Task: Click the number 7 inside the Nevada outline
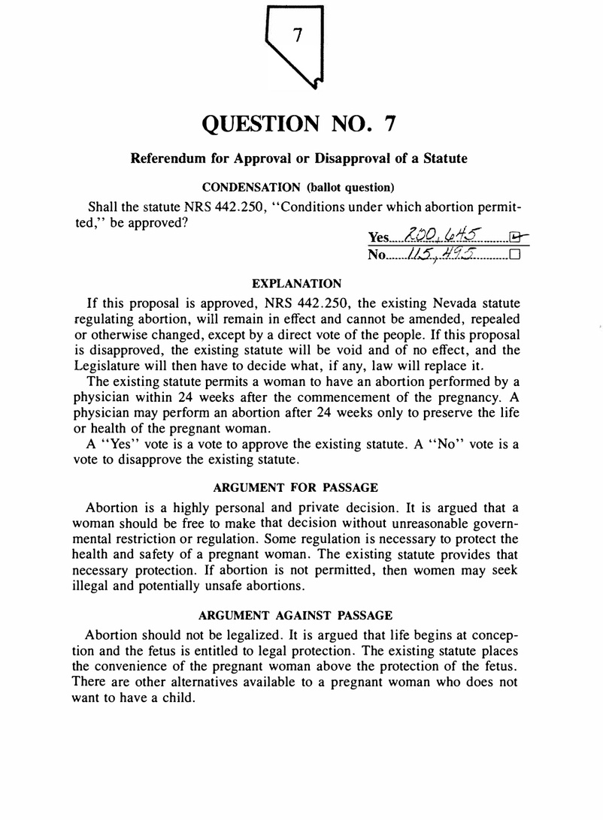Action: pyautogui.click(x=298, y=35)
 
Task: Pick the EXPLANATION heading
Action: pyautogui.click(x=296, y=284)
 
